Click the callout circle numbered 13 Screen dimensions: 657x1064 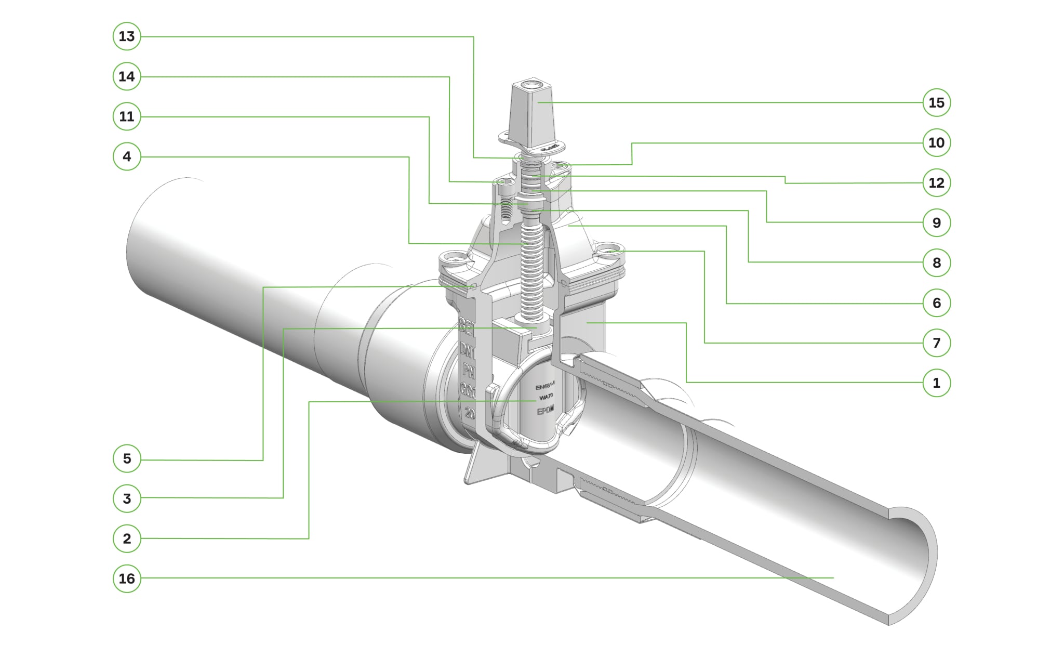pos(127,36)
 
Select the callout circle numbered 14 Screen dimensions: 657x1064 pos(127,76)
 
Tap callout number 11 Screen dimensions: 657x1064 pos(127,116)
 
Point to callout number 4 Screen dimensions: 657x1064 pos(127,156)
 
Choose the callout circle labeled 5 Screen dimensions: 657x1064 pos(127,458)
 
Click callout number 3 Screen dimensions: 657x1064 pos(127,498)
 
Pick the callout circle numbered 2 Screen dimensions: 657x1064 pos(127,538)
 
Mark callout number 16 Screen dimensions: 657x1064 pos(127,579)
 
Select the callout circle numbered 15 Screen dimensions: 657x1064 pos(936,102)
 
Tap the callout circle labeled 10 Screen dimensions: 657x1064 pos(936,142)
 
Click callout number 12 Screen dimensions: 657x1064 pos(936,182)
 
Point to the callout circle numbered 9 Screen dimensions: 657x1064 pos(936,222)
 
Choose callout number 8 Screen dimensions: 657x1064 pos(936,262)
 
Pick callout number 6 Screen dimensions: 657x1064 pos(936,303)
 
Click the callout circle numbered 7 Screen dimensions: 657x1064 pos(936,343)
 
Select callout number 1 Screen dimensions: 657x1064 pos(936,383)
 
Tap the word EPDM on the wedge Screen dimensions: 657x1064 pos(545,410)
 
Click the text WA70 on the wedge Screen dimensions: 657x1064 pos(546,397)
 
